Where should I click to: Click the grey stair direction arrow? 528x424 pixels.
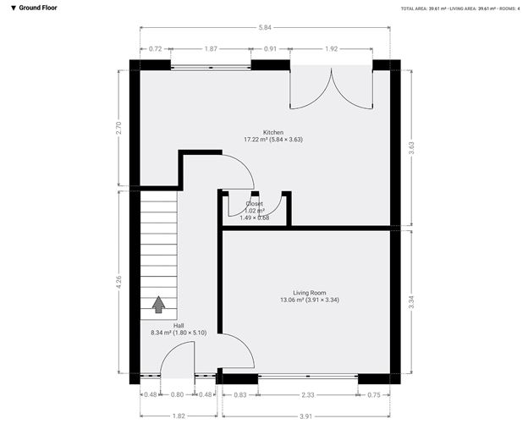click(x=158, y=304)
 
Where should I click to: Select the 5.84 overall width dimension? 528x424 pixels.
click(x=267, y=27)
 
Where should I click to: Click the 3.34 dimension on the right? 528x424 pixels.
click(x=412, y=300)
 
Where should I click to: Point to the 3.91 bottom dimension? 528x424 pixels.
click(x=305, y=415)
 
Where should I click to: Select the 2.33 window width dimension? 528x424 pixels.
click(x=308, y=394)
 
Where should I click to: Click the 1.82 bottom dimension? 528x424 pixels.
click(x=179, y=415)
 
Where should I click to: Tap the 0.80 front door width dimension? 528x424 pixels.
click(x=178, y=394)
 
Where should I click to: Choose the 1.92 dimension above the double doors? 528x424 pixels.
click(x=332, y=49)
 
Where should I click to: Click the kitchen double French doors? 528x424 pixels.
click(x=332, y=89)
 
